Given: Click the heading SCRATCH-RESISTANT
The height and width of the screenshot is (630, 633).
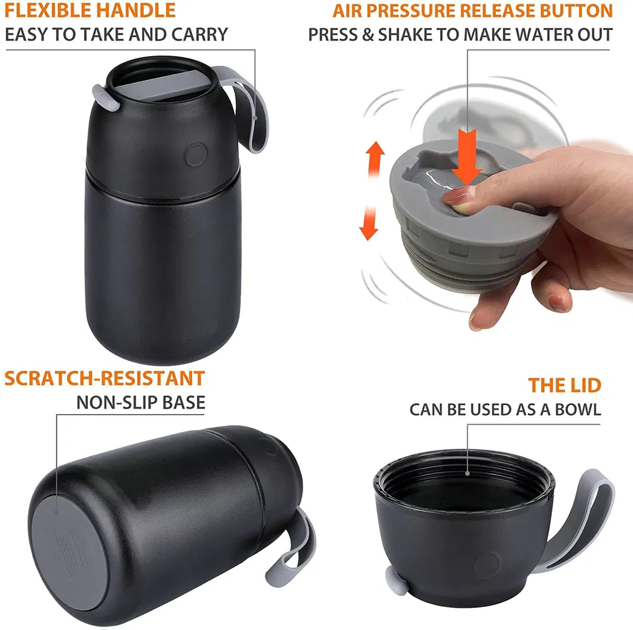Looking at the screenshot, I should (x=105, y=378).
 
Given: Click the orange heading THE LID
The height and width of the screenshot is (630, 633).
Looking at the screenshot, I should (x=564, y=385).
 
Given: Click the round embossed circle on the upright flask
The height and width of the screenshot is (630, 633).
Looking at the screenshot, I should (x=194, y=154).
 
